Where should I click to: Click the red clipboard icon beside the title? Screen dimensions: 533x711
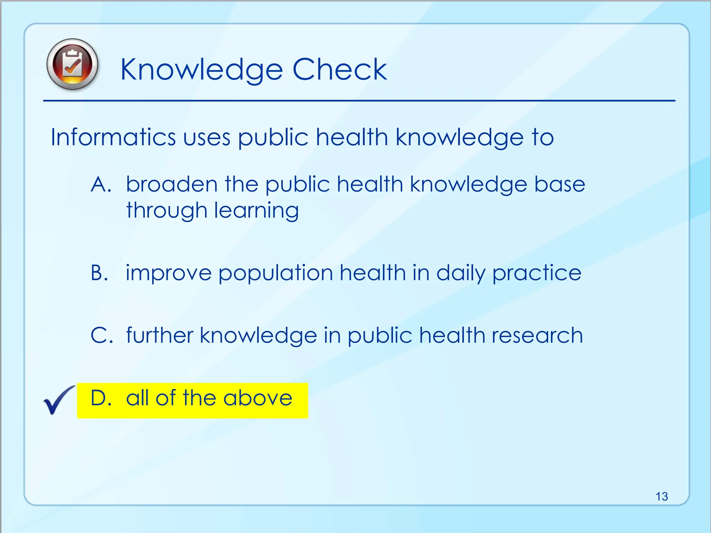[72, 65]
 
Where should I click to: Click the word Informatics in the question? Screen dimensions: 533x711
[113, 137]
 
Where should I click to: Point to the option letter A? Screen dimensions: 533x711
[100, 184]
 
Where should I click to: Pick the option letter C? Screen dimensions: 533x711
[101, 336]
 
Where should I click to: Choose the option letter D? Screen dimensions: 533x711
[100, 398]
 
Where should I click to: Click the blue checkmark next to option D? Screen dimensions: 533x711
[58, 400]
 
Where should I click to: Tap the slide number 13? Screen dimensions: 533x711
[662, 497]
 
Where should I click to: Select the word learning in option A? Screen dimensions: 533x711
[256, 211]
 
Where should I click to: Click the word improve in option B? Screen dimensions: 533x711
[168, 273]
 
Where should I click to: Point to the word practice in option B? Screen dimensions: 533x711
[537, 273]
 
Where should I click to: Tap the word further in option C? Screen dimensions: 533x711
[159, 336]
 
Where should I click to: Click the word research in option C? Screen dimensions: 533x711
[537, 336]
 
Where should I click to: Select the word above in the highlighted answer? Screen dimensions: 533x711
[258, 398]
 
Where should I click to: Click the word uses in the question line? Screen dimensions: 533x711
[207, 137]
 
